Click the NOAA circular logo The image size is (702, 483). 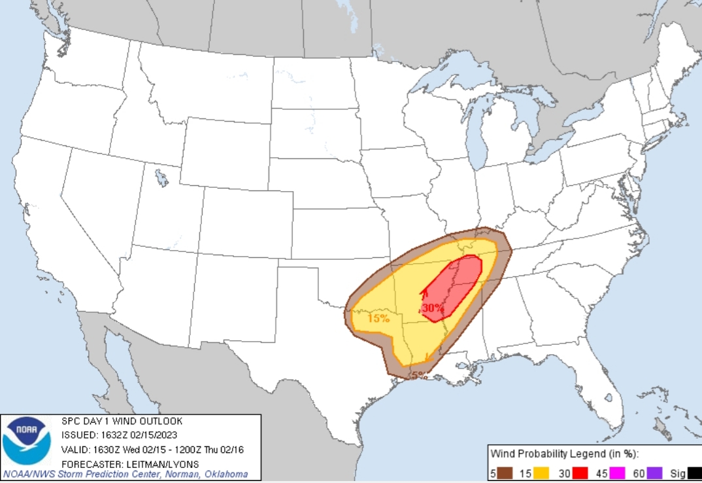point(27,440)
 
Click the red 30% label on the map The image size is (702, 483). point(432,307)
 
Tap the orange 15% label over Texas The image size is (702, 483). point(378,319)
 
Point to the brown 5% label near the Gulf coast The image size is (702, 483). point(419,375)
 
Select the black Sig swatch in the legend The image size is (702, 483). point(694,472)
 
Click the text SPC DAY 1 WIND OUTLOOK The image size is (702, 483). point(122,421)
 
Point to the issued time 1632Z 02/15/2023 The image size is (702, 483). point(139,435)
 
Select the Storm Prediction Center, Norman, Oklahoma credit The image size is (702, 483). point(124,474)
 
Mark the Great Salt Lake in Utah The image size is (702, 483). point(161,177)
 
